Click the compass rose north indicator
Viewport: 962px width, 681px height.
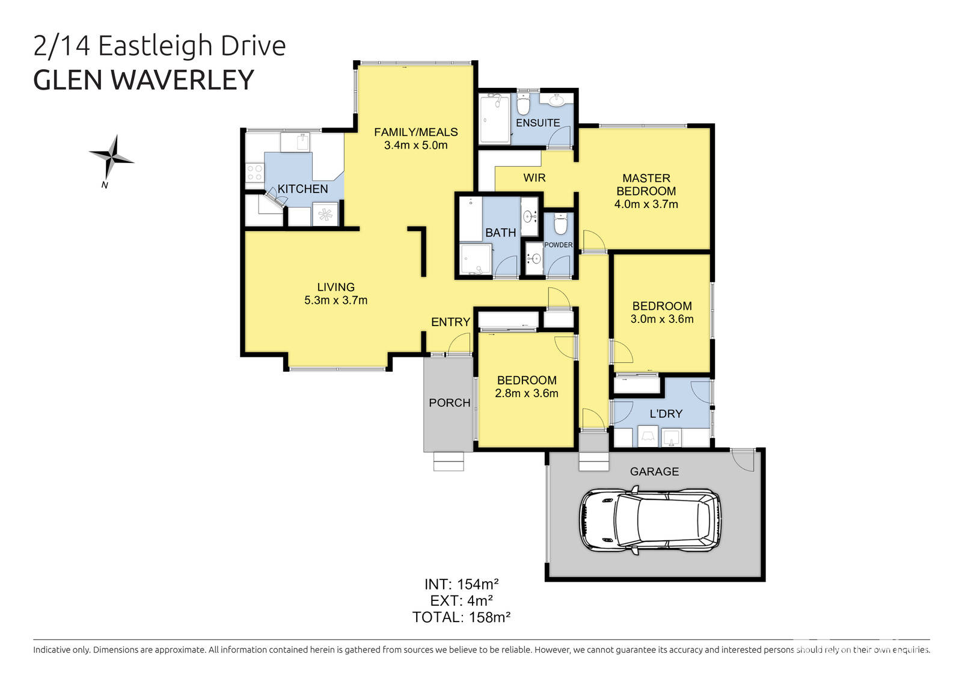tap(111, 158)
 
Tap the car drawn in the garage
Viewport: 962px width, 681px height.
tap(649, 521)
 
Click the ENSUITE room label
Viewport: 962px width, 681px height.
tap(538, 123)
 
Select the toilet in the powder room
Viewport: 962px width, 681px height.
tap(560, 224)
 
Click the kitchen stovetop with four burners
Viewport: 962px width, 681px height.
tap(254, 173)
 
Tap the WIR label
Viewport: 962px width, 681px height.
tap(534, 177)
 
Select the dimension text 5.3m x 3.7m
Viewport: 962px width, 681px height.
tap(335, 300)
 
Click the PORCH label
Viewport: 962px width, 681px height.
tap(449, 403)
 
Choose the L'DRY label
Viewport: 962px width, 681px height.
tap(666, 414)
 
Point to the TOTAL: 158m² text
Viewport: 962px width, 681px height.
tap(461, 617)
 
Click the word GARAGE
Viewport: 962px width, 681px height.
tap(654, 472)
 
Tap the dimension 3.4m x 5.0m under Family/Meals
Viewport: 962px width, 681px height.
tap(415, 145)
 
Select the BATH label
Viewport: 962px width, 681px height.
tap(500, 232)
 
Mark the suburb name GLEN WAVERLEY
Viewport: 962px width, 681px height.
tap(144, 80)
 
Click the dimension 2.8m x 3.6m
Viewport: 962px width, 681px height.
tap(526, 393)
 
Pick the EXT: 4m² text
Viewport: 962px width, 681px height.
tap(461, 600)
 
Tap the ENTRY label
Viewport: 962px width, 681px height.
tap(450, 322)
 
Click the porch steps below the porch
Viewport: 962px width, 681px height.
tap(449, 461)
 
